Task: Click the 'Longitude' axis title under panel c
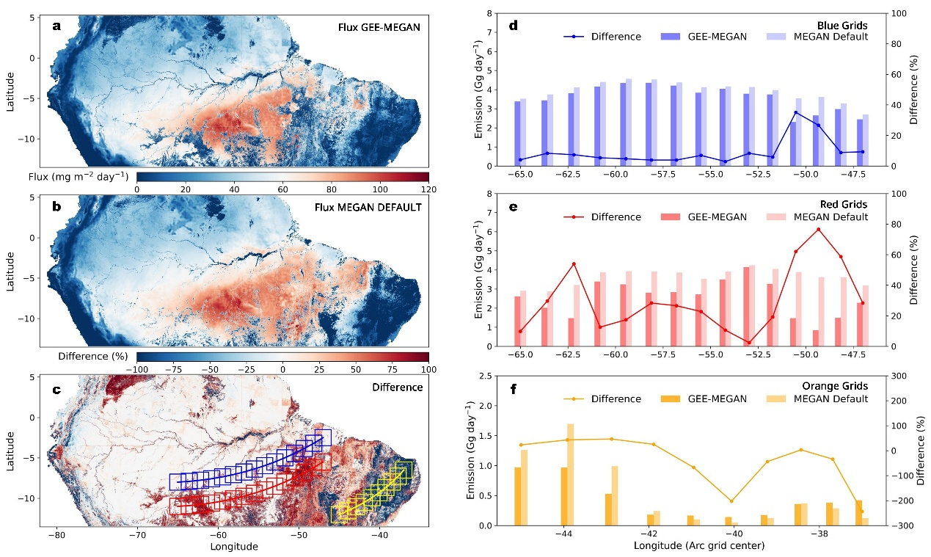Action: pos(233,547)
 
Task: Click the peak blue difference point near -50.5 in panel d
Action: pos(795,112)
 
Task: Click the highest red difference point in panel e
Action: pos(818,230)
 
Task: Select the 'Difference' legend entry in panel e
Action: pos(616,217)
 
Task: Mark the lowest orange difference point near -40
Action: pos(731,501)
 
